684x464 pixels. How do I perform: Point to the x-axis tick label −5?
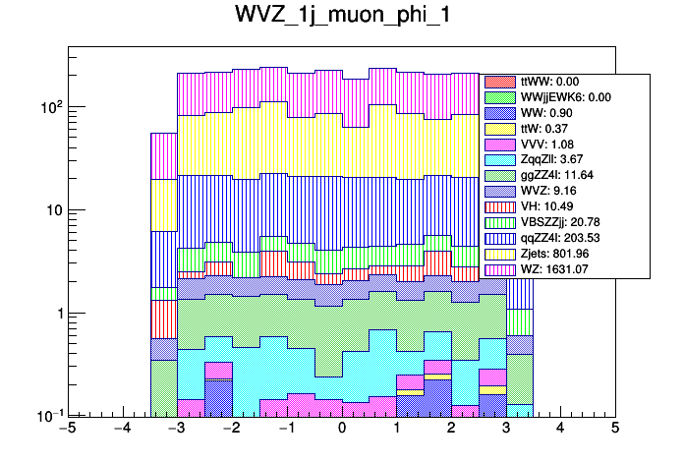[x=67, y=430]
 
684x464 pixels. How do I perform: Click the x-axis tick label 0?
[x=342, y=430]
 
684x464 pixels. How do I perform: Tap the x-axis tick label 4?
[x=560, y=430]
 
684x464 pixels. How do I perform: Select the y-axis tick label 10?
[x=51, y=210]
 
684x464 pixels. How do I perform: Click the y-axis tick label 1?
[x=56, y=314]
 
